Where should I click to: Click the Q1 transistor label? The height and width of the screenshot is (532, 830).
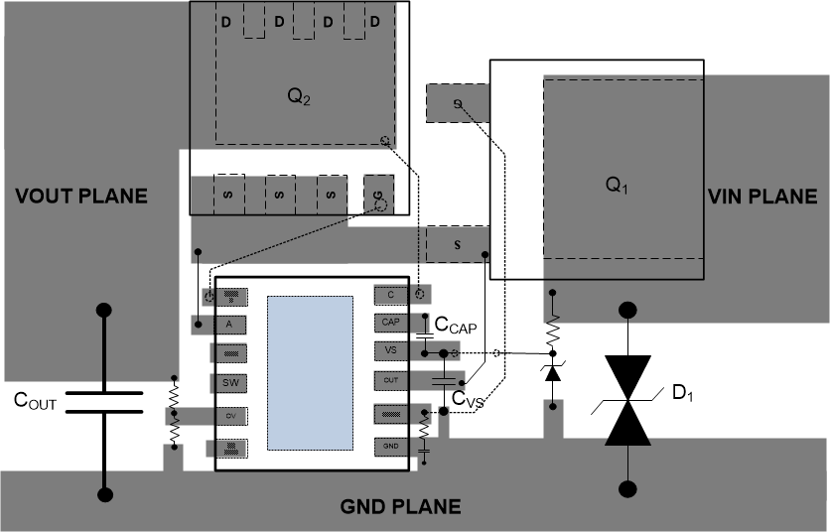(x=618, y=186)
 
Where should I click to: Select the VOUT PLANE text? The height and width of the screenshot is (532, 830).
(x=81, y=197)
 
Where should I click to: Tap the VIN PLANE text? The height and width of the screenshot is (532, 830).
(x=762, y=197)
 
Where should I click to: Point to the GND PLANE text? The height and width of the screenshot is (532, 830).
(x=401, y=506)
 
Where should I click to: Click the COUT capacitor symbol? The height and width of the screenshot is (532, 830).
(x=103, y=401)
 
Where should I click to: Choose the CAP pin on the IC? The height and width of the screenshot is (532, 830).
(x=390, y=323)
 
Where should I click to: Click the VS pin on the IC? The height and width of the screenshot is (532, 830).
(x=390, y=350)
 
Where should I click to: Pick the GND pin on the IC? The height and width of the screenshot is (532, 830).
(x=390, y=447)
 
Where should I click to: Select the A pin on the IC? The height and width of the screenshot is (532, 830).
(x=230, y=324)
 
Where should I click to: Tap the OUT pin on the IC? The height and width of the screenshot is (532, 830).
(x=390, y=380)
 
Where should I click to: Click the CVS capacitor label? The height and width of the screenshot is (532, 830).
(x=468, y=398)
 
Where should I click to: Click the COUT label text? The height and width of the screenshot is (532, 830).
(x=35, y=401)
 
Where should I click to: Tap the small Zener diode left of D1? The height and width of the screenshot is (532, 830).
(x=551, y=372)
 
